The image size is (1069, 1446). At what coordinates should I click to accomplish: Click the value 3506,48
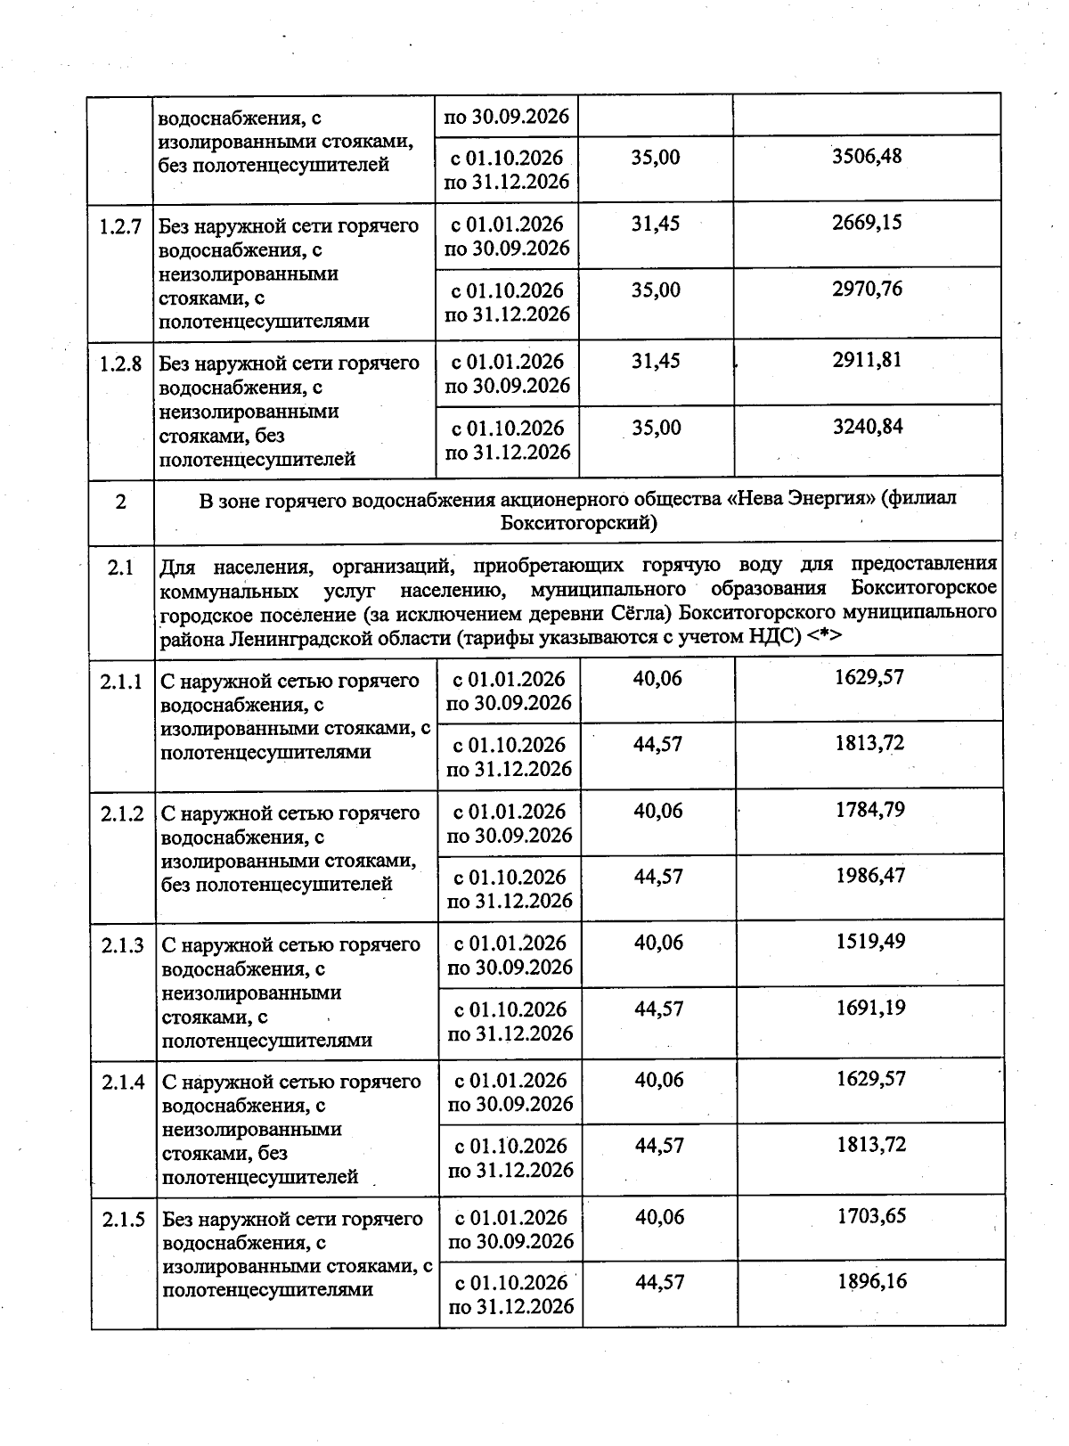point(866,157)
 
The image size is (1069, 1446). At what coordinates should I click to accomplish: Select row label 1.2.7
point(120,226)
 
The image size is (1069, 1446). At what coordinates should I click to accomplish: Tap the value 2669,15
point(867,223)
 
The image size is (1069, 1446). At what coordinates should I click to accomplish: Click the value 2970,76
point(867,289)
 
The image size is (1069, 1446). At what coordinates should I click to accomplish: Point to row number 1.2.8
point(120,364)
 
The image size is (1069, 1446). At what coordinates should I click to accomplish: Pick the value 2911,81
point(867,360)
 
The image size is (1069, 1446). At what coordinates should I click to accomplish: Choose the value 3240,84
point(867,427)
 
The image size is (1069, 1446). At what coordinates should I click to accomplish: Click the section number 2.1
point(120,566)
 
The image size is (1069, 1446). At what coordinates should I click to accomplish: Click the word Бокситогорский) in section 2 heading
point(579,523)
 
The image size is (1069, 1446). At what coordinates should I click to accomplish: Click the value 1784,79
point(869,810)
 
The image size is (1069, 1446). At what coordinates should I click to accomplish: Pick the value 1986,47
point(869,876)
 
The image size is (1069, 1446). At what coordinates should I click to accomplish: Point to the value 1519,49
point(870,942)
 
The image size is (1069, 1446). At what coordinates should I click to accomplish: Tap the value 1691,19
point(870,1008)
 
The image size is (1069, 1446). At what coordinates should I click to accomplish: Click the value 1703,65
point(871,1216)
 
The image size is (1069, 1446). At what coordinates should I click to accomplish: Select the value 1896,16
point(871,1282)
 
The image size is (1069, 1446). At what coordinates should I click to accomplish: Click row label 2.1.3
point(122,945)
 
